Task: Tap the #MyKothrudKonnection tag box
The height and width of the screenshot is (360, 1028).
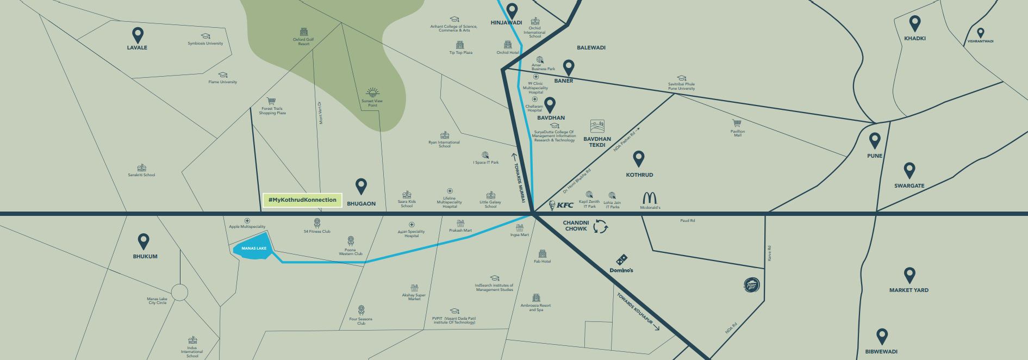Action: pyautogui.click(x=302, y=200)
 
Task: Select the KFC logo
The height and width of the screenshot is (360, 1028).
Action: pyautogui.click(x=562, y=205)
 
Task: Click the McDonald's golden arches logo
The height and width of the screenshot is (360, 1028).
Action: pyautogui.click(x=650, y=198)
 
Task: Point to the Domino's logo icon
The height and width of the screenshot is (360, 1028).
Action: pyautogui.click(x=621, y=260)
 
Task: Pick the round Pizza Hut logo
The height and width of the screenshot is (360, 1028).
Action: pyautogui.click(x=751, y=285)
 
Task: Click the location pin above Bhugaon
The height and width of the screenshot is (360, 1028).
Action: pyautogui.click(x=361, y=187)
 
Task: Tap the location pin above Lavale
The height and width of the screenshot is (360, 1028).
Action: pyautogui.click(x=138, y=35)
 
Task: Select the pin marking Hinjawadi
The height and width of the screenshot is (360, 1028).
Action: pyautogui.click(x=512, y=10)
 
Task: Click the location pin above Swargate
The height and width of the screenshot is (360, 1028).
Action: pyautogui.click(x=909, y=170)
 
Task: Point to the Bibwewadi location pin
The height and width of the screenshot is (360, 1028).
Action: pyautogui.click(x=882, y=336)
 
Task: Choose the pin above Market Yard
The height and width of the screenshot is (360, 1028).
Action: pyautogui.click(x=909, y=275)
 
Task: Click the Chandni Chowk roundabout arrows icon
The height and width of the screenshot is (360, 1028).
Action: pyautogui.click(x=600, y=226)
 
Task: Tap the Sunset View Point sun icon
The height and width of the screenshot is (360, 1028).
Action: pyautogui.click(x=372, y=92)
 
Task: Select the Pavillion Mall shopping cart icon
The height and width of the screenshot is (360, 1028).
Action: pyautogui.click(x=737, y=123)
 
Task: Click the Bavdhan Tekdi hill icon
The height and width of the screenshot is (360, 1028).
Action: pyautogui.click(x=597, y=127)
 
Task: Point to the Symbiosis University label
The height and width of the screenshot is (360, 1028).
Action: pyautogui.click(x=205, y=44)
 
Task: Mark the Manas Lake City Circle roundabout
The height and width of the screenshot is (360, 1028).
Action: pyautogui.click(x=179, y=293)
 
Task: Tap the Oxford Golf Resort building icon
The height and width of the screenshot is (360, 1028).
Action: pyautogui.click(x=304, y=33)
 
